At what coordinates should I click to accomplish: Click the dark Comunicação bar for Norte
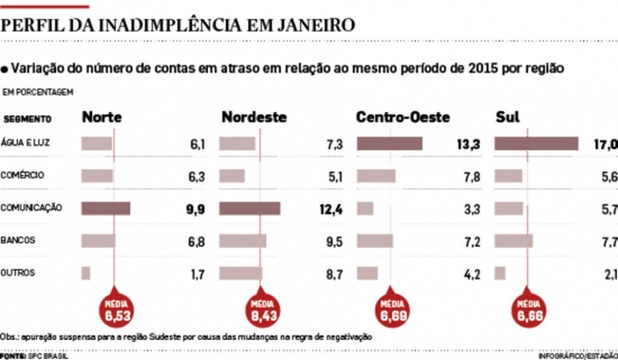pos(106,208)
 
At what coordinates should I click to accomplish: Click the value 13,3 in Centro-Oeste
pos(469,144)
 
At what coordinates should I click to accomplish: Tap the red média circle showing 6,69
pos(391,312)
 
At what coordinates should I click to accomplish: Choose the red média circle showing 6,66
pos(528,312)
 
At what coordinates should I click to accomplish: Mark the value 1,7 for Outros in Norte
pos(196,272)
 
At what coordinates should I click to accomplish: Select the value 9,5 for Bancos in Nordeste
pos(334,240)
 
